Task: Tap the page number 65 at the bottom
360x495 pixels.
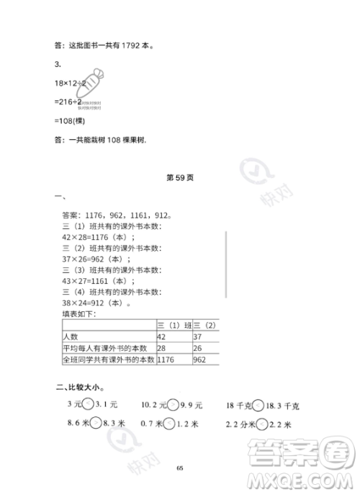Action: [x=180, y=467]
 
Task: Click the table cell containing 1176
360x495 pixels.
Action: [x=166, y=358]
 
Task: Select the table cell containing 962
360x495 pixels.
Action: [x=201, y=358]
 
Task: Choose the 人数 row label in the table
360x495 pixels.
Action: [x=71, y=336]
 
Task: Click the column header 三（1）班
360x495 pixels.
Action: [x=174, y=325]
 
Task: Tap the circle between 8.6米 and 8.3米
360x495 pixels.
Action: [x=96, y=424]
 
